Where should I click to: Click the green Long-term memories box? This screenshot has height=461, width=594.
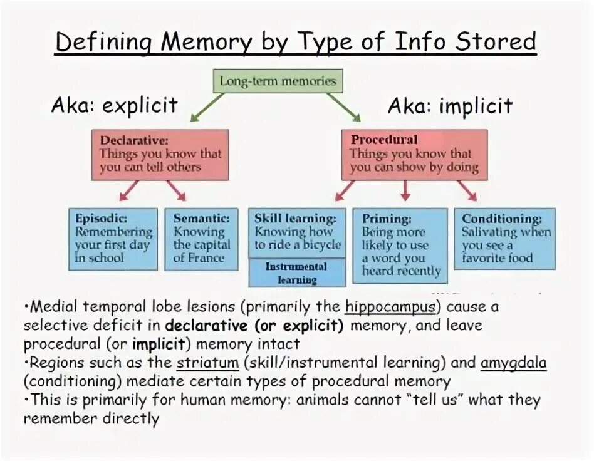(278, 81)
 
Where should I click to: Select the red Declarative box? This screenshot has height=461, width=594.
(160, 155)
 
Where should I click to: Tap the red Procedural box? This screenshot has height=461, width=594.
(414, 155)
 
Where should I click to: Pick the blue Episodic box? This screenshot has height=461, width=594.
(113, 239)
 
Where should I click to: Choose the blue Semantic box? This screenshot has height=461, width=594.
(201, 239)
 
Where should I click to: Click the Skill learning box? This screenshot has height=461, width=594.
(297, 232)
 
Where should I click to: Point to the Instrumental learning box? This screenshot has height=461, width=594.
(297, 272)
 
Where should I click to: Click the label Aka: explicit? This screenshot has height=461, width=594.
(114, 105)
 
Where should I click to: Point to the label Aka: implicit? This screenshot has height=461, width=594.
(449, 105)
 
